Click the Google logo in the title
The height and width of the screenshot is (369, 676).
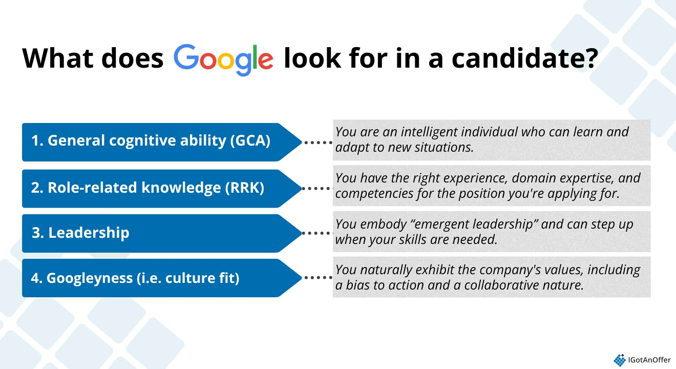[223, 59]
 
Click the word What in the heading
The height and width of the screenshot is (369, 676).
[57, 58]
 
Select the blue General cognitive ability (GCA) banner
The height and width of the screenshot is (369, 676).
[154, 141]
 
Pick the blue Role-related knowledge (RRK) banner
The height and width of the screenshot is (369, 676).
[154, 188]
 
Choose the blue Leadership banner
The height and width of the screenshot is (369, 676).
[154, 233]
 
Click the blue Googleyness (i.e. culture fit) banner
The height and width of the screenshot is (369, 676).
[154, 278]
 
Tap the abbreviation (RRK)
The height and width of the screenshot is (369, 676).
[244, 188]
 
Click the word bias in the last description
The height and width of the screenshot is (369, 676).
[356, 285]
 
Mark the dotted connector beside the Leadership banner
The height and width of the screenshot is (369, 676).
[318, 233]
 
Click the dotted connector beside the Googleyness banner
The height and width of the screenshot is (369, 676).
[318, 278]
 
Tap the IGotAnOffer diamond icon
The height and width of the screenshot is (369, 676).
[619, 360]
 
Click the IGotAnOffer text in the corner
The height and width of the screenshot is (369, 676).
[649, 360]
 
